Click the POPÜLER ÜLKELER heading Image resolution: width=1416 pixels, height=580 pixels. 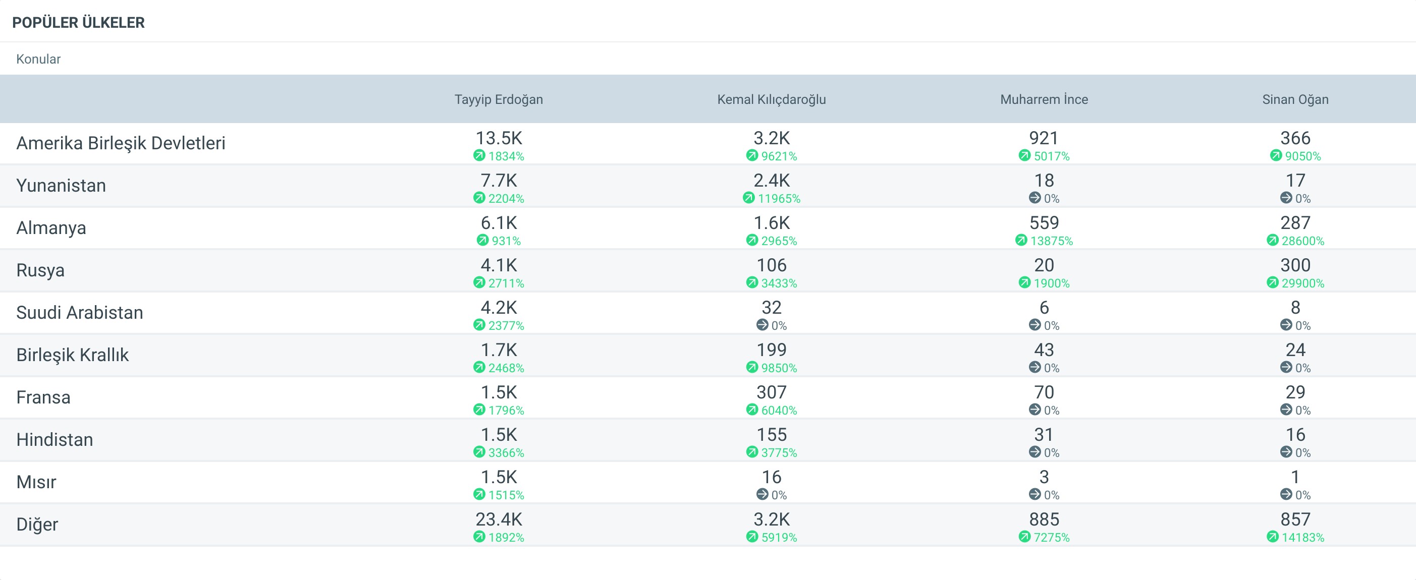(x=78, y=23)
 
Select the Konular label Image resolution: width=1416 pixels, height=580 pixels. (x=38, y=59)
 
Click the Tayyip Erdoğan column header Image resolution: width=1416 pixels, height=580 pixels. (x=499, y=99)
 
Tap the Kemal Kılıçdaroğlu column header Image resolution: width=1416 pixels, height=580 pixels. (x=771, y=99)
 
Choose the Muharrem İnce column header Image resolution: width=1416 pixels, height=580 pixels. (x=1044, y=99)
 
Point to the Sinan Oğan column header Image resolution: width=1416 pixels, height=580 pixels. (x=1295, y=99)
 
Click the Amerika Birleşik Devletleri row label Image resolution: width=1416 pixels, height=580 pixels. (x=121, y=143)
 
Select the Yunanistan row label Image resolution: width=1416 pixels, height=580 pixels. (x=61, y=185)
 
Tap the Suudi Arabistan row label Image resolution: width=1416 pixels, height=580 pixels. (x=80, y=312)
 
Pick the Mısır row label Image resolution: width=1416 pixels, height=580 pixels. (x=36, y=482)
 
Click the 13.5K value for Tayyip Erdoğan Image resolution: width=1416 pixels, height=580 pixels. (x=499, y=138)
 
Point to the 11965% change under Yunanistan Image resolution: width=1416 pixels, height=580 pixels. (x=779, y=198)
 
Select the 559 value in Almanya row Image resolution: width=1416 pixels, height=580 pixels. (x=1044, y=222)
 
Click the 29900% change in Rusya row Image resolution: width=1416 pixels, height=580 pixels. (x=1303, y=283)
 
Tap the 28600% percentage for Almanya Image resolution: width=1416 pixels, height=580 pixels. (x=1303, y=241)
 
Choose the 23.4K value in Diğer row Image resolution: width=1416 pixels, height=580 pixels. (x=499, y=519)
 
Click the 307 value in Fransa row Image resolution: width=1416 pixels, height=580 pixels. (x=771, y=392)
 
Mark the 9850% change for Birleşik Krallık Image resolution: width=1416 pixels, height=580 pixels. (x=779, y=368)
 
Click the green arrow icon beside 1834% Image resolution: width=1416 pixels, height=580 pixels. (x=479, y=155)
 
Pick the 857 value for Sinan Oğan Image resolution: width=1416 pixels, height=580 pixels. (x=1295, y=519)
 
